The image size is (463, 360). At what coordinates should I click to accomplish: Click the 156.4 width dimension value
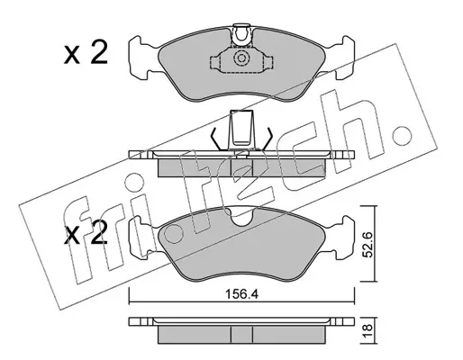241,294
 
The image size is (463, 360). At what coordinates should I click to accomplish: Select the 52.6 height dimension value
368,244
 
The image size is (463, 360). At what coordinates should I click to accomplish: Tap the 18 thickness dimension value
368,330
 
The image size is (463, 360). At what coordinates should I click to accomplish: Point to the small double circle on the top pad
241,58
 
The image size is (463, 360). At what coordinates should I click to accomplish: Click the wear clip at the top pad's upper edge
241,34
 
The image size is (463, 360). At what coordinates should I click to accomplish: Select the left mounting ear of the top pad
143,58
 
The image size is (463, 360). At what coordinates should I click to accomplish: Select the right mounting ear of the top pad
340,58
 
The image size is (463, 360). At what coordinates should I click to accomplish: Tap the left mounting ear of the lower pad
143,238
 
